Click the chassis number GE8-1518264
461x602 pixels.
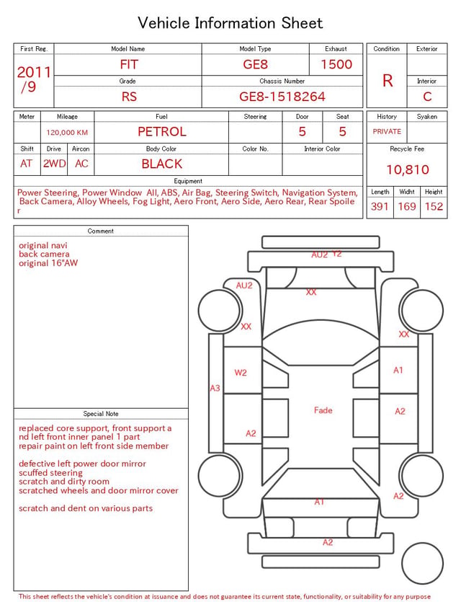coord(282,97)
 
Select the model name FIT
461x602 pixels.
coord(129,64)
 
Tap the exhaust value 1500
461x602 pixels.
coord(336,64)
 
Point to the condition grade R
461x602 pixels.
coord(388,81)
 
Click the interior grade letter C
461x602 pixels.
coord(427,97)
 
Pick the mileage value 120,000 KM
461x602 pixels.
coord(67,133)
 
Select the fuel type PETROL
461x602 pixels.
coord(162,132)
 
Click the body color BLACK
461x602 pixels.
coord(162,164)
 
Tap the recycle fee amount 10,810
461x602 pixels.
coord(407,169)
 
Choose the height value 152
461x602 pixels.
coord(434,206)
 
